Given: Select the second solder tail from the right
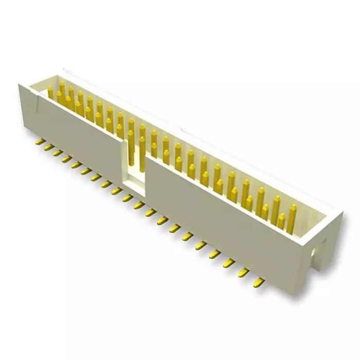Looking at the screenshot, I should coord(244,271).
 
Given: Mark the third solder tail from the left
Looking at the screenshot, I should coord(58,154).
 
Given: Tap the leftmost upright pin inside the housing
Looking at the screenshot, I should coord(50,93).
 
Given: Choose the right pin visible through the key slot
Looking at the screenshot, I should coord(141,154).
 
